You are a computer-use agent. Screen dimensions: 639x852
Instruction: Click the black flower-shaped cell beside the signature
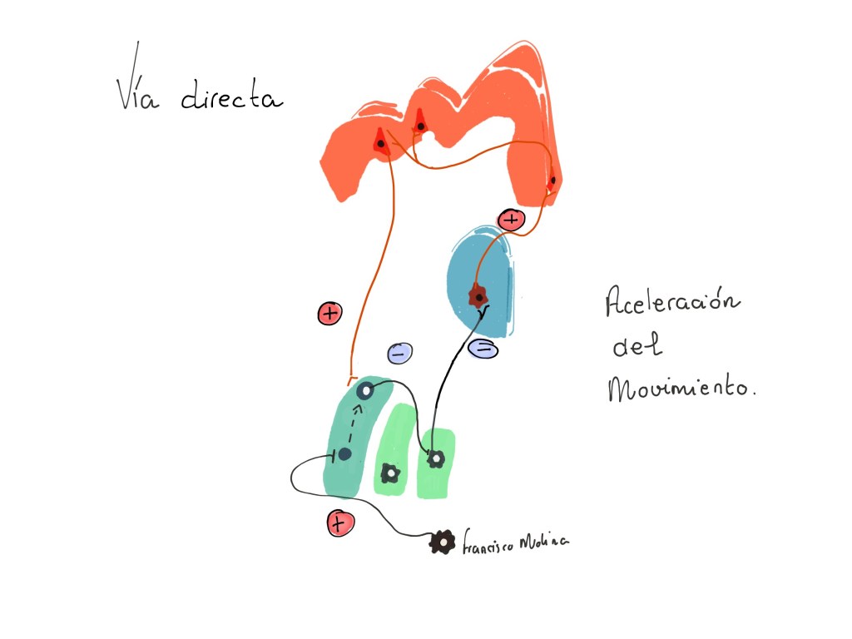441,542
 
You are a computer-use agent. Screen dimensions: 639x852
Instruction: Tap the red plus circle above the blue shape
510,220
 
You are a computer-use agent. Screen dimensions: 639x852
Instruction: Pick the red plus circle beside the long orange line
329,314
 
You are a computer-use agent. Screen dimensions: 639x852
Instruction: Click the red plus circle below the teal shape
340,523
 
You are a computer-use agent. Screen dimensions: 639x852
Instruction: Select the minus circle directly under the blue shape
483,349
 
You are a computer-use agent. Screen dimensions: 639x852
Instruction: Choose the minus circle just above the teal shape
399,354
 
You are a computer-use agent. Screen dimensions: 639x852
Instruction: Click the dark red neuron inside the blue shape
478,295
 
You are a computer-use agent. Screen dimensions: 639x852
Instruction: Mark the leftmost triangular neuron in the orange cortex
380,142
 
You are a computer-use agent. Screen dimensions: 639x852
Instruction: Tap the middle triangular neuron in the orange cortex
420,124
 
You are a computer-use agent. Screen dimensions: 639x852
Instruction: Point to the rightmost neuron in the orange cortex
552,179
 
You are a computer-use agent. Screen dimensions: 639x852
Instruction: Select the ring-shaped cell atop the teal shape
364,389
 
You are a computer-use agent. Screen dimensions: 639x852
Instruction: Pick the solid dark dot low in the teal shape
344,454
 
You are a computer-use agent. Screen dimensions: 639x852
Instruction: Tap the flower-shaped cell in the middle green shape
389,473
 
